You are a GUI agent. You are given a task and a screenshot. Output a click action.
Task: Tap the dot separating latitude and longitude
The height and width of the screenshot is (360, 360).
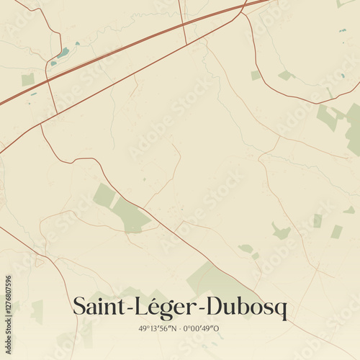[x=179, y=328]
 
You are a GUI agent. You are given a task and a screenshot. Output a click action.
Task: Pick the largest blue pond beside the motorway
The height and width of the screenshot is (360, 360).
[x=64, y=52]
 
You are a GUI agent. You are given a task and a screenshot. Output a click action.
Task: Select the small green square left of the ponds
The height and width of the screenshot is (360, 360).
[x=27, y=79]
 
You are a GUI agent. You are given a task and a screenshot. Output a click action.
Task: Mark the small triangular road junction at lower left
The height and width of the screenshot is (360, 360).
[x=40, y=261]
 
